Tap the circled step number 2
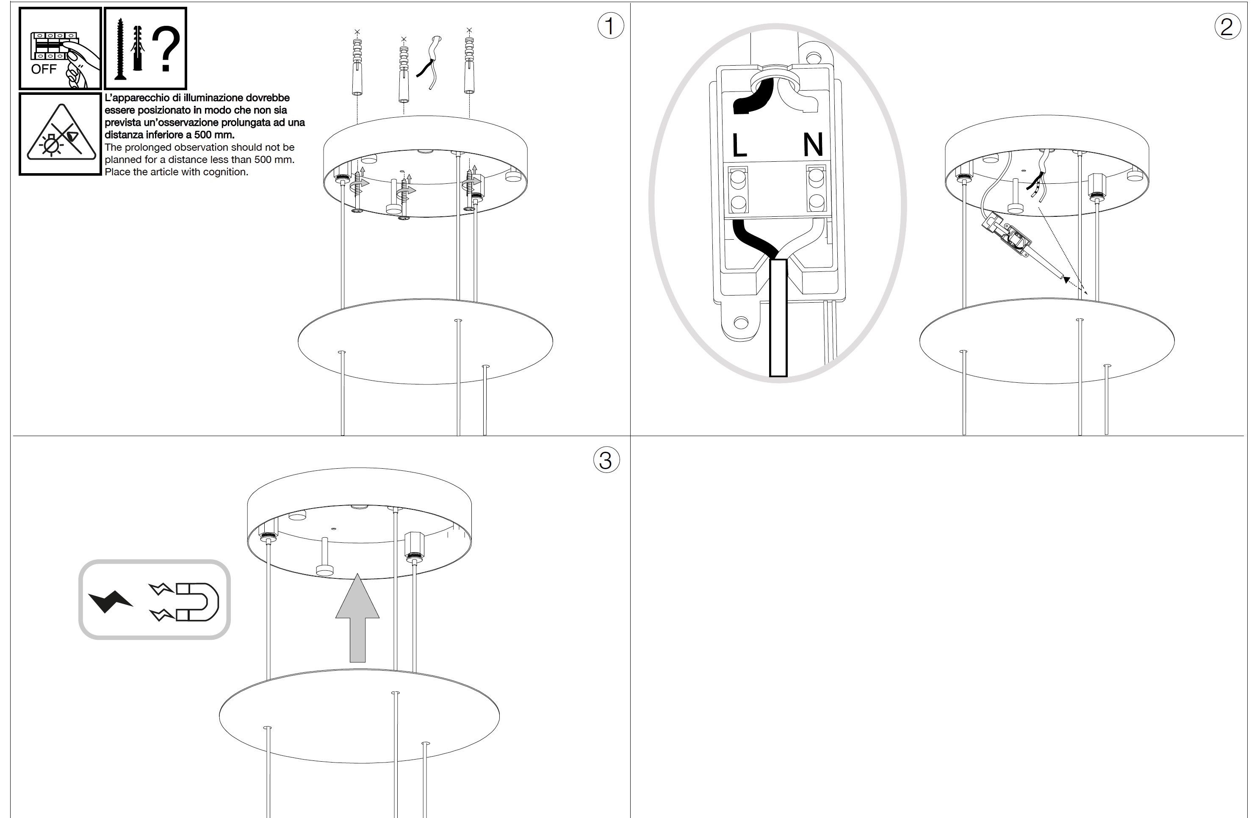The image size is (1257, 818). (1227, 26)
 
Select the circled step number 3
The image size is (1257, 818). (606, 460)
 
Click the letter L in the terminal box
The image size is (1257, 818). (739, 145)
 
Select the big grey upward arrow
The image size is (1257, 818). (357, 618)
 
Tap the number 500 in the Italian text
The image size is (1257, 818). (203, 135)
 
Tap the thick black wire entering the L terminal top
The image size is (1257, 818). (754, 97)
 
